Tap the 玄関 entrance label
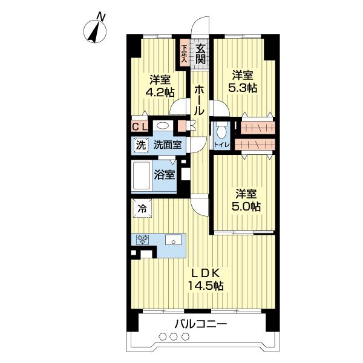[200, 54]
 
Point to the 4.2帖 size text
[160, 93]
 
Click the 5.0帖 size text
[246, 206]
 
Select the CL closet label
[140, 127]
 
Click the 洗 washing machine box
[140, 145]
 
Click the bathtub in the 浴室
[142, 176]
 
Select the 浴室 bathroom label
[164, 175]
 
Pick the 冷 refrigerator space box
[142, 209]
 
